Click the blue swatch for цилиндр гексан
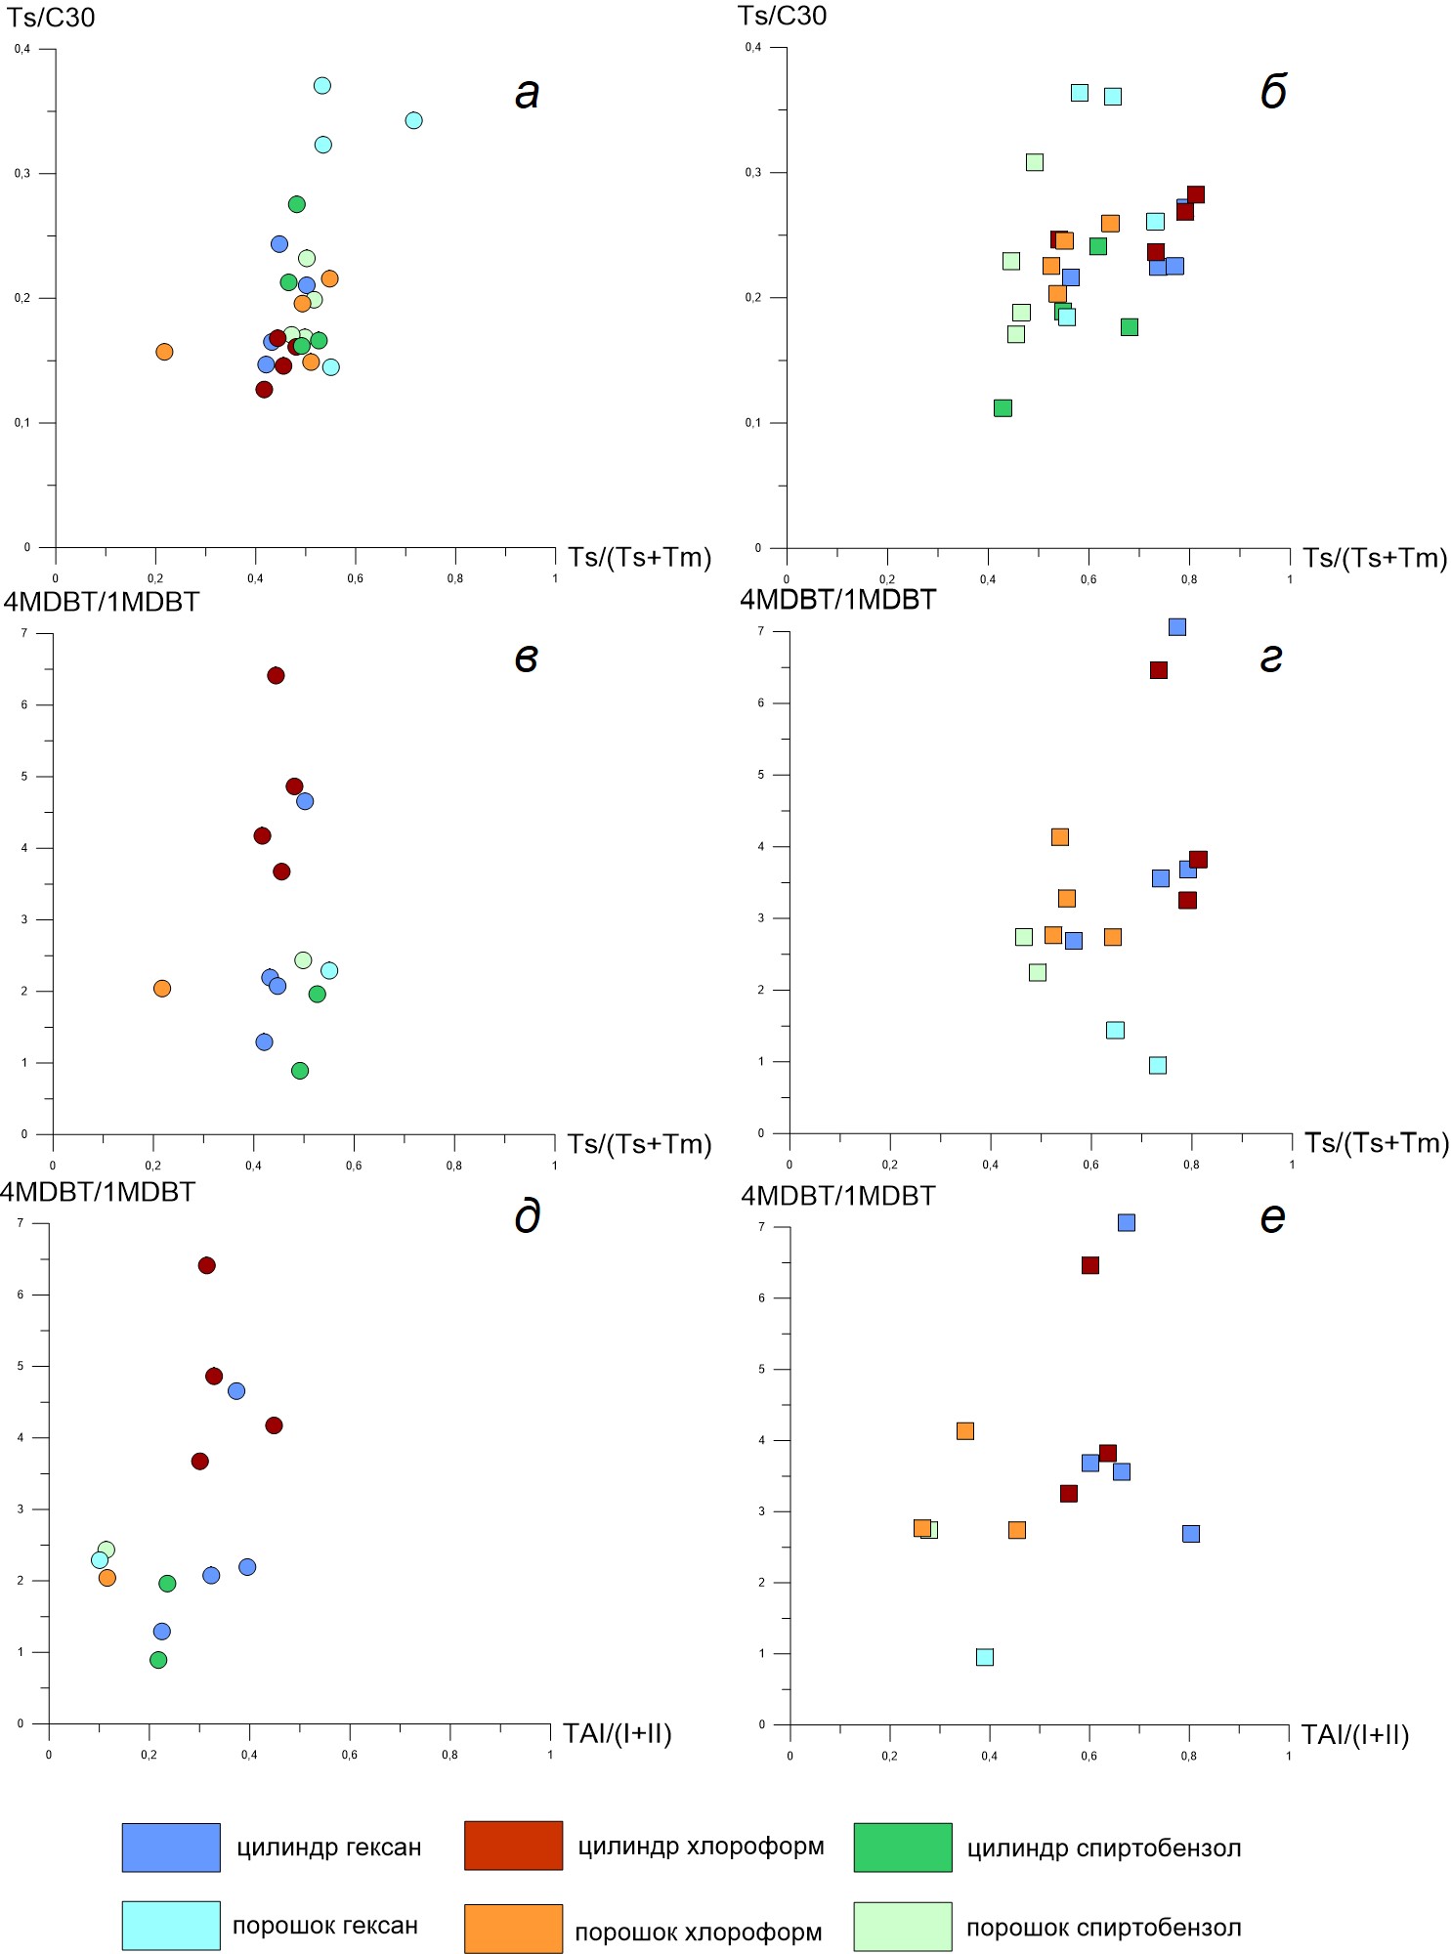[171, 1847]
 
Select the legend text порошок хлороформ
[698, 1932]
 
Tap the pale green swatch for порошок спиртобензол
[902, 1927]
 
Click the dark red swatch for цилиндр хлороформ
[513, 1846]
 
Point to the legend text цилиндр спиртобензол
[1103, 1848]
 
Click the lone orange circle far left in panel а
[164, 352]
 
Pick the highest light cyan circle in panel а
[322, 86]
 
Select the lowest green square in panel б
[1003, 407]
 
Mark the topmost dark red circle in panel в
[276, 676]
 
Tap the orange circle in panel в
[162, 989]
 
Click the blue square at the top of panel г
[1177, 627]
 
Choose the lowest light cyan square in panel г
[1158, 1065]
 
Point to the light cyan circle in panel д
[100, 1560]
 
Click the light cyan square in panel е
[985, 1657]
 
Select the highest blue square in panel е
[1127, 1223]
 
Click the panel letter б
[1273, 92]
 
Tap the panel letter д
[527, 1217]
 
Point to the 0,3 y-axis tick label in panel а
[21, 174]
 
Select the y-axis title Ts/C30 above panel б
[782, 16]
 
